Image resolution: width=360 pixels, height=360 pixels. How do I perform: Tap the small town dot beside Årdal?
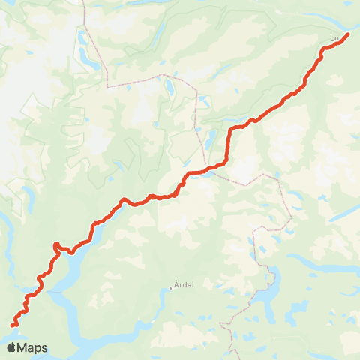pyautogui.click(x=171, y=289)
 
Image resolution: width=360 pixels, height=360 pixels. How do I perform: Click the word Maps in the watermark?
pyautogui.click(x=33, y=347)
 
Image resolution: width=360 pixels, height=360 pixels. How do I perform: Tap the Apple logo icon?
pyautogui.click(x=11, y=347)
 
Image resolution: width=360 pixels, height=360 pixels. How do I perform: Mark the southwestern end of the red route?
pyautogui.click(x=12, y=325)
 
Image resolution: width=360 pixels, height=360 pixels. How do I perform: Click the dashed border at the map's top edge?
pyautogui.click(x=83, y=3)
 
